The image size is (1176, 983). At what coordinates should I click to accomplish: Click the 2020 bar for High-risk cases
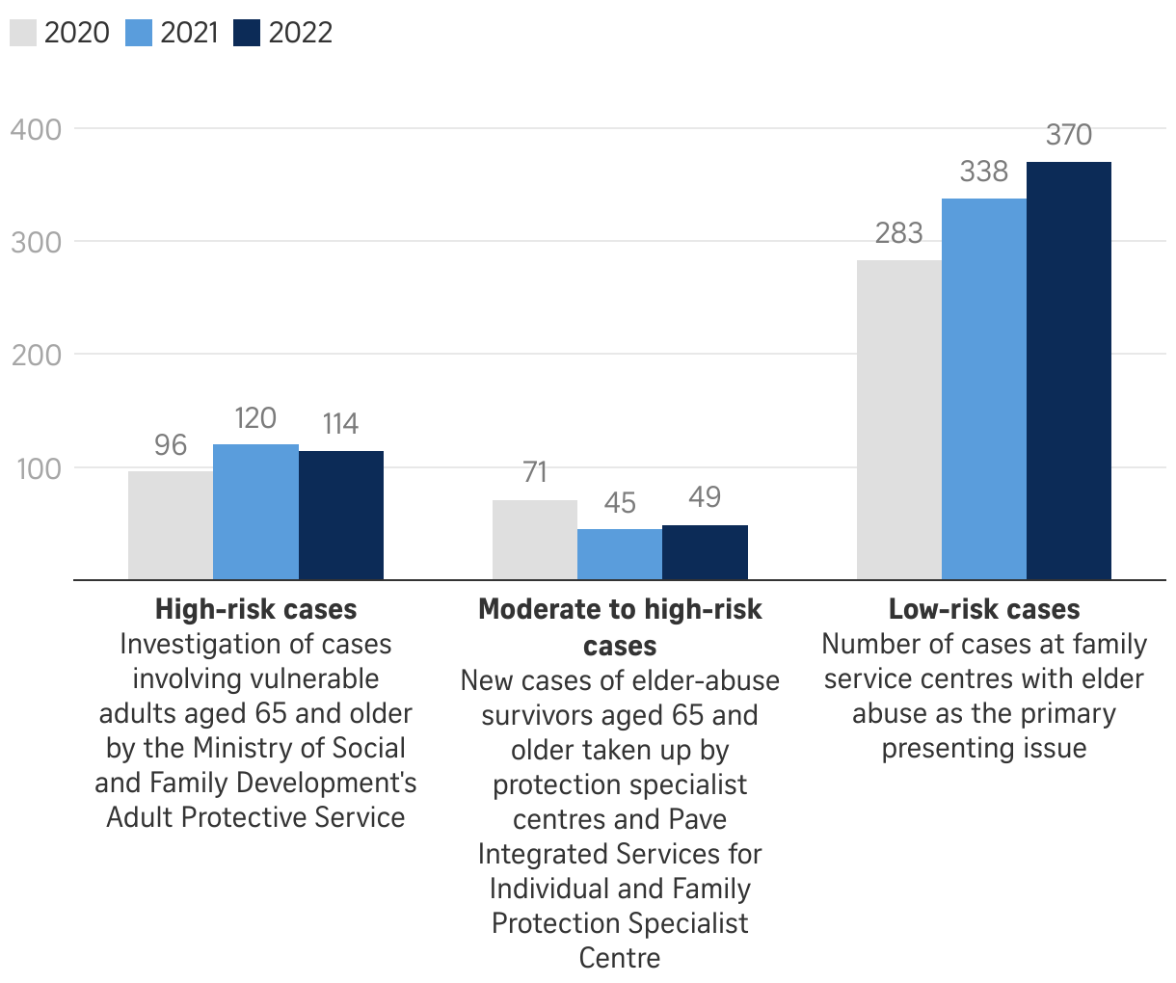point(171,525)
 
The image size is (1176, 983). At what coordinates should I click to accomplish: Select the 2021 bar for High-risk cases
point(255,512)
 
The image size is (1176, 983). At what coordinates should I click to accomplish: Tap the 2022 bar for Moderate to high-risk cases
point(705,552)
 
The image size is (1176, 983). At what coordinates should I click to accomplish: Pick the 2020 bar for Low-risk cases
point(899,420)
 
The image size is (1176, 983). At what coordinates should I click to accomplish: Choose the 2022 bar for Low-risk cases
point(1069,371)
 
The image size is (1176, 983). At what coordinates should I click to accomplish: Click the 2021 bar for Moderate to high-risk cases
point(620,554)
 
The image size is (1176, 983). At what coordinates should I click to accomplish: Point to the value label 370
point(1069,135)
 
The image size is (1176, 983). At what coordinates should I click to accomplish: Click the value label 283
point(899,233)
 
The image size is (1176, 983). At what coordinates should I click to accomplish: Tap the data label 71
point(535,472)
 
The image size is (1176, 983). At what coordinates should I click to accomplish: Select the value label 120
point(255,418)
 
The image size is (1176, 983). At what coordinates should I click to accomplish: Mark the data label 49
point(705,497)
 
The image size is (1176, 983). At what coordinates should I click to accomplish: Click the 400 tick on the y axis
point(36,129)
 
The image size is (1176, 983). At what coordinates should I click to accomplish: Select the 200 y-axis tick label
point(36,356)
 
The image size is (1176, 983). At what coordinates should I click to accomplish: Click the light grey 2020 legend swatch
point(23,33)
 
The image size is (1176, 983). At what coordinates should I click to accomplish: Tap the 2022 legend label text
point(301,33)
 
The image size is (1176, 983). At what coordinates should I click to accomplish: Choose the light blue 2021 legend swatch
point(139,33)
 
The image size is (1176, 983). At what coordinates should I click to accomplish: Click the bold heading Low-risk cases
point(984,609)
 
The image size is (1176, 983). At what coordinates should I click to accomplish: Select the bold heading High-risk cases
point(255,609)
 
